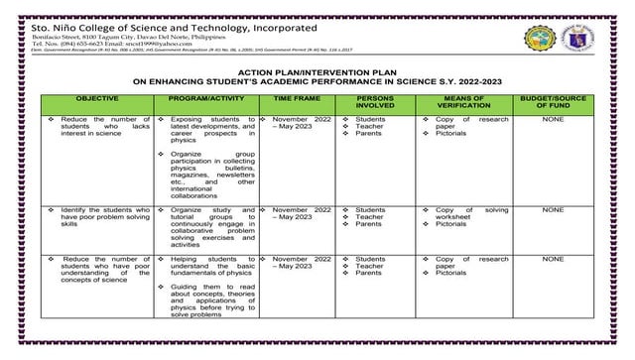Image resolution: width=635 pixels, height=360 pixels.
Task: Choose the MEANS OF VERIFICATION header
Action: coord(467,104)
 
